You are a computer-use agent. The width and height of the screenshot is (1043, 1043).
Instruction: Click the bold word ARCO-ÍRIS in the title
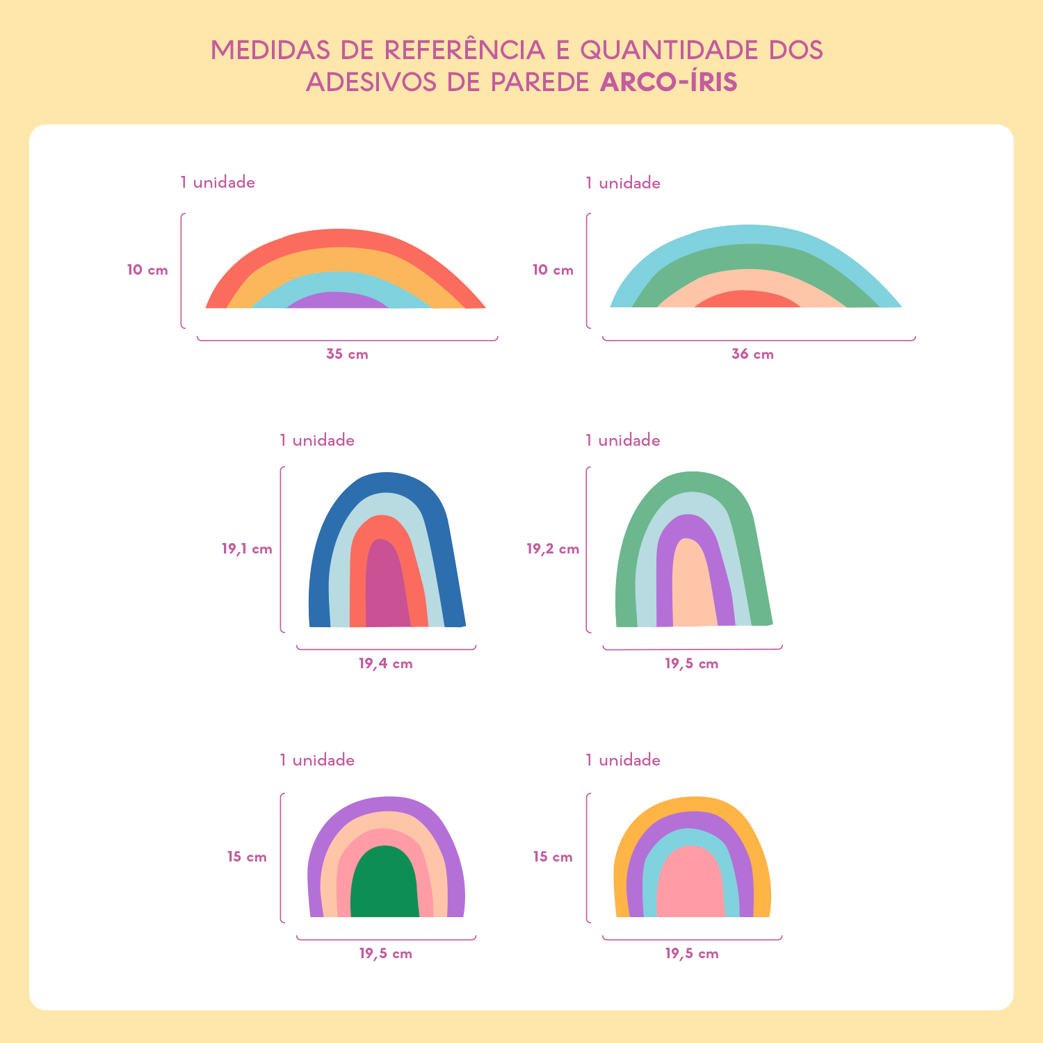click(668, 82)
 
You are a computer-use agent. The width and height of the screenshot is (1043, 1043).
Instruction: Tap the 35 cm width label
click(347, 354)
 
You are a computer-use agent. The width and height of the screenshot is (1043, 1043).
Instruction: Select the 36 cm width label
click(752, 354)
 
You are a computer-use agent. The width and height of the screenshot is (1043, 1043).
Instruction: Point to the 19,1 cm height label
click(247, 549)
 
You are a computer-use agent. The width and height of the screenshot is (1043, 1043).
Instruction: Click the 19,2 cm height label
click(553, 549)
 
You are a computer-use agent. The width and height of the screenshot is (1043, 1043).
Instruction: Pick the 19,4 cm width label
click(386, 663)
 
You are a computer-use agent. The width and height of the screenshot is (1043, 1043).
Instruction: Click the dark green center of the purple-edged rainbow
click(385, 883)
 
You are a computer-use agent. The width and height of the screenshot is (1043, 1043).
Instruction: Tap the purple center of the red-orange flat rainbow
click(337, 300)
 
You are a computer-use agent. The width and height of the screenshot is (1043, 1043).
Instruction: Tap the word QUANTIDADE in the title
click(670, 50)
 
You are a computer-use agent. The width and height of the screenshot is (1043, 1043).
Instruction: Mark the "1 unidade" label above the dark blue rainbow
click(317, 440)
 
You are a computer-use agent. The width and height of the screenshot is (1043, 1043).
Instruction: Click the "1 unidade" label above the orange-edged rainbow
click(623, 760)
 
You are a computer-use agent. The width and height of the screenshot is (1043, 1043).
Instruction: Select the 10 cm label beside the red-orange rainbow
click(147, 270)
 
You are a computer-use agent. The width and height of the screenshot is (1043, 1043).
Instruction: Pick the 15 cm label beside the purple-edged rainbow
click(247, 857)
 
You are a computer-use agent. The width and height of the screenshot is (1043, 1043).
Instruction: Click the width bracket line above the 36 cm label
click(759, 340)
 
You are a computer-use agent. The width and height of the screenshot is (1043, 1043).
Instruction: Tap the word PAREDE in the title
click(540, 82)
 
